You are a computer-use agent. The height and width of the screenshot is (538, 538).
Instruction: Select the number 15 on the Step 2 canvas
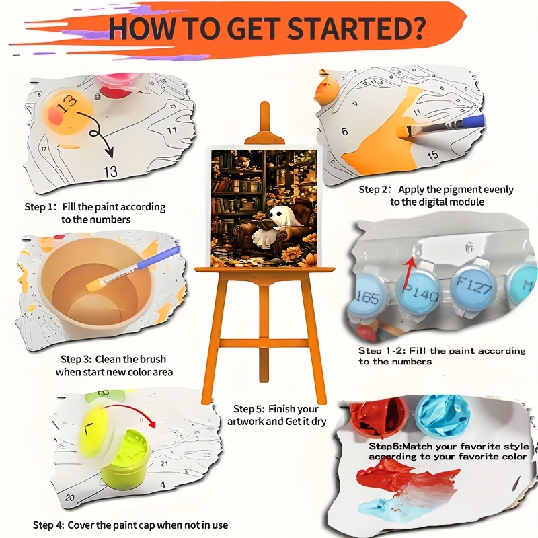[432, 155]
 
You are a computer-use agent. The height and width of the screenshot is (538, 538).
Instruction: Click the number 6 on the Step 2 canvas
[344, 131]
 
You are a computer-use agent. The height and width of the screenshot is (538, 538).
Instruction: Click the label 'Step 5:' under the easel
[249, 409]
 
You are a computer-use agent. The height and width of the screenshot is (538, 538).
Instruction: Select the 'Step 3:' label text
[76, 359]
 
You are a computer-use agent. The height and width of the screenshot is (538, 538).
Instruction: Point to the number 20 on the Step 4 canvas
[70, 498]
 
